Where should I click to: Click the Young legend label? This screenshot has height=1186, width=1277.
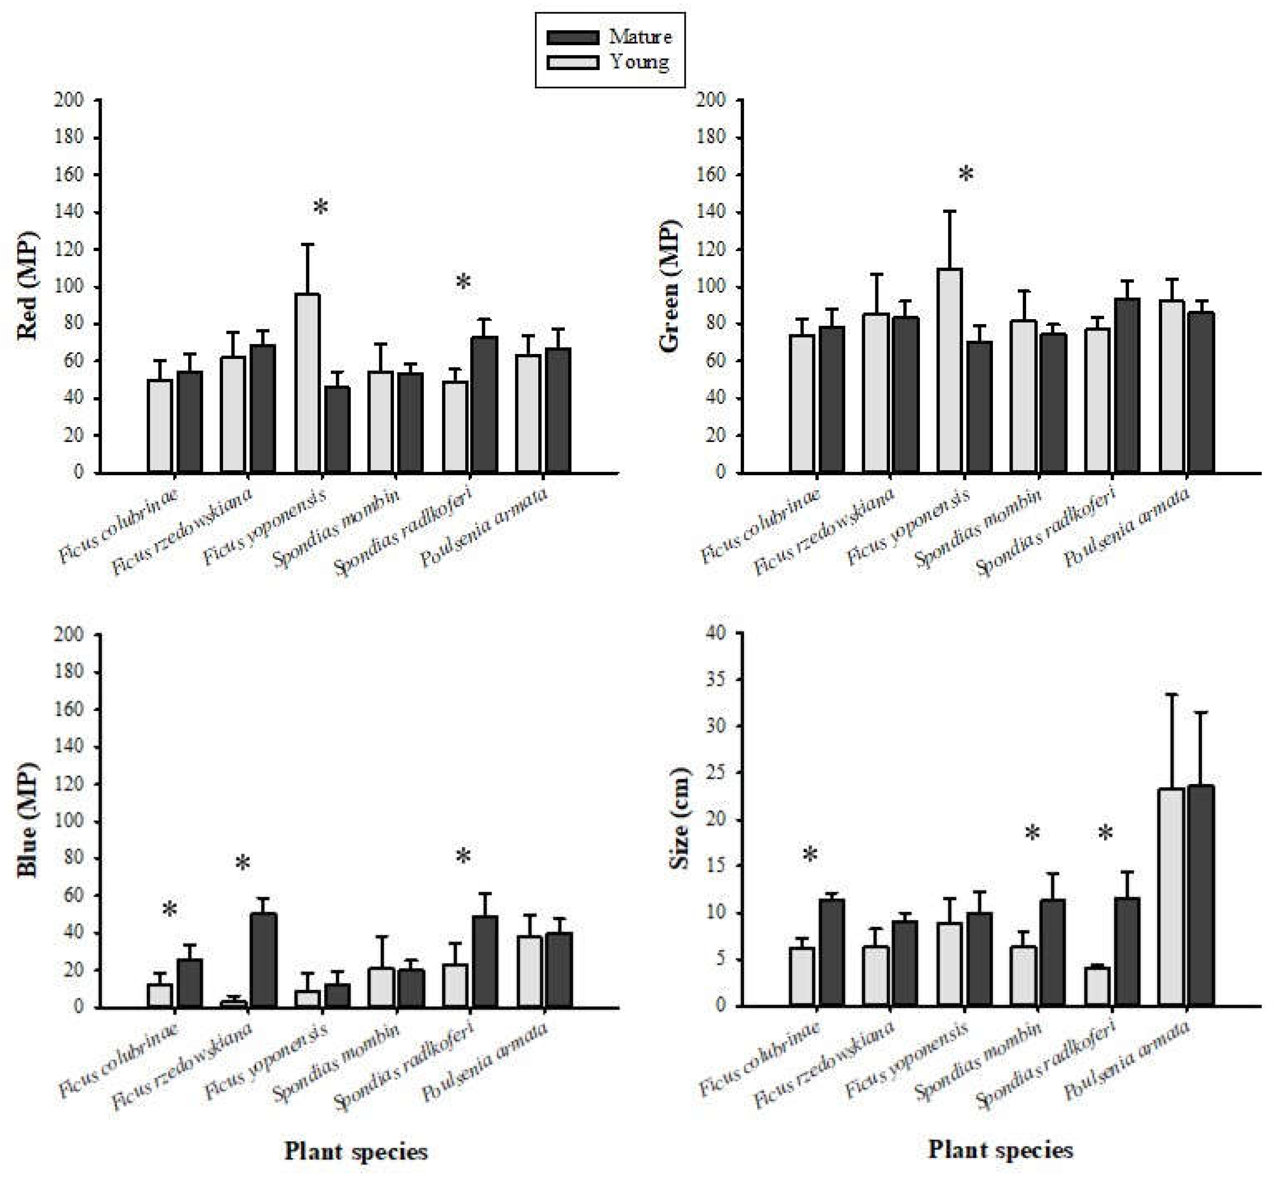(x=640, y=62)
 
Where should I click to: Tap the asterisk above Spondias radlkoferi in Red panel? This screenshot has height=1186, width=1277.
(x=463, y=282)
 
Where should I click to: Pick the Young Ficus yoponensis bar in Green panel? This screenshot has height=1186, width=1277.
(x=949, y=370)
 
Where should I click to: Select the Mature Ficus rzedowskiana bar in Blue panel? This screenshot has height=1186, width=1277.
(x=264, y=960)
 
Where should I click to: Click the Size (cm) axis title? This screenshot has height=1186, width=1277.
(x=678, y=818)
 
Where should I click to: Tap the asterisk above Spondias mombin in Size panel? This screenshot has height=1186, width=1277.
(x=1032, y=834)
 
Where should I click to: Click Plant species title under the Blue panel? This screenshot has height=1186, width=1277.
(x=356, y=1152)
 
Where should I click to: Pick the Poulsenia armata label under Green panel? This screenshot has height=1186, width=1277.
(x=1127, y=528)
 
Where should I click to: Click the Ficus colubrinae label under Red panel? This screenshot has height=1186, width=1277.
(x=119, y=525)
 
